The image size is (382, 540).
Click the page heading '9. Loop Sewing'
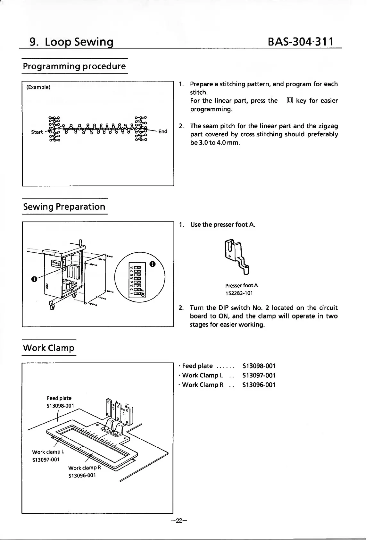[x=71, y=42]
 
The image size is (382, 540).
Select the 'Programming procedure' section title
[x=74, y=66]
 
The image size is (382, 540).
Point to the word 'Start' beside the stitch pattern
[x=37, y=132]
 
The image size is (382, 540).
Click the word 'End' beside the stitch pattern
[x=163, y=131]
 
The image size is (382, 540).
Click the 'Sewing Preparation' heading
[x=64, y=207]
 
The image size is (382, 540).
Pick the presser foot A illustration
[x=238, y=257]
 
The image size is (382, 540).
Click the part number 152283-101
[x=239, y=293]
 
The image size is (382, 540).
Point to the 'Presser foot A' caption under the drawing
[x=241, y=285]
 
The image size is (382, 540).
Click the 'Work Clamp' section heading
[x=49, y=348]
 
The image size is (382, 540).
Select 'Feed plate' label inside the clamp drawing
[x=59, y=398]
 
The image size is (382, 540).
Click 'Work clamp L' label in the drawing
[x=48, y=452]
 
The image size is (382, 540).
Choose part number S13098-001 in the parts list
[x=259, y=366]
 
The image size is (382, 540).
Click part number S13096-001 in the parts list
[x=259, y=385]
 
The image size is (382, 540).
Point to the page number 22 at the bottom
[x=177, y=521]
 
